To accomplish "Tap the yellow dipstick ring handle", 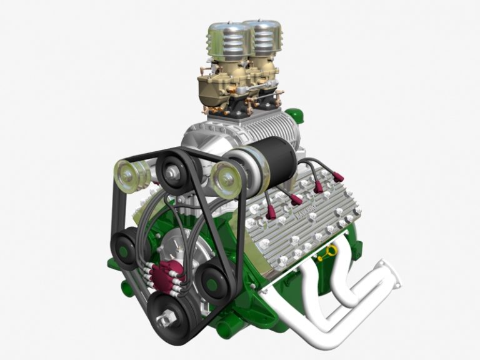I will pyautogui.click(x=329, y=252).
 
